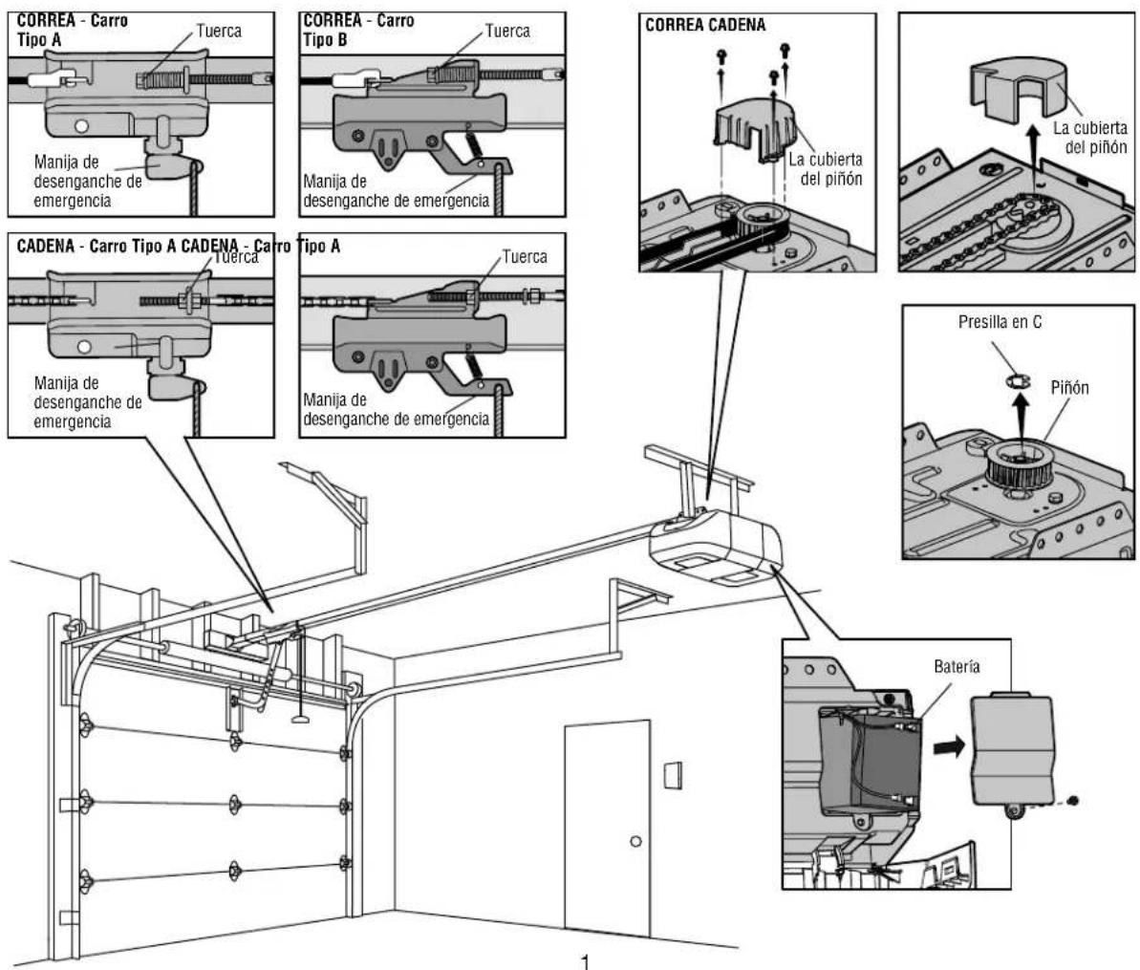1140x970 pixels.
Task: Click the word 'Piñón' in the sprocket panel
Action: [1069, 388]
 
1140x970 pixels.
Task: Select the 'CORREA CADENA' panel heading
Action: [705, 26]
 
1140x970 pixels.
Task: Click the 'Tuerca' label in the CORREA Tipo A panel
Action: [219, 31]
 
